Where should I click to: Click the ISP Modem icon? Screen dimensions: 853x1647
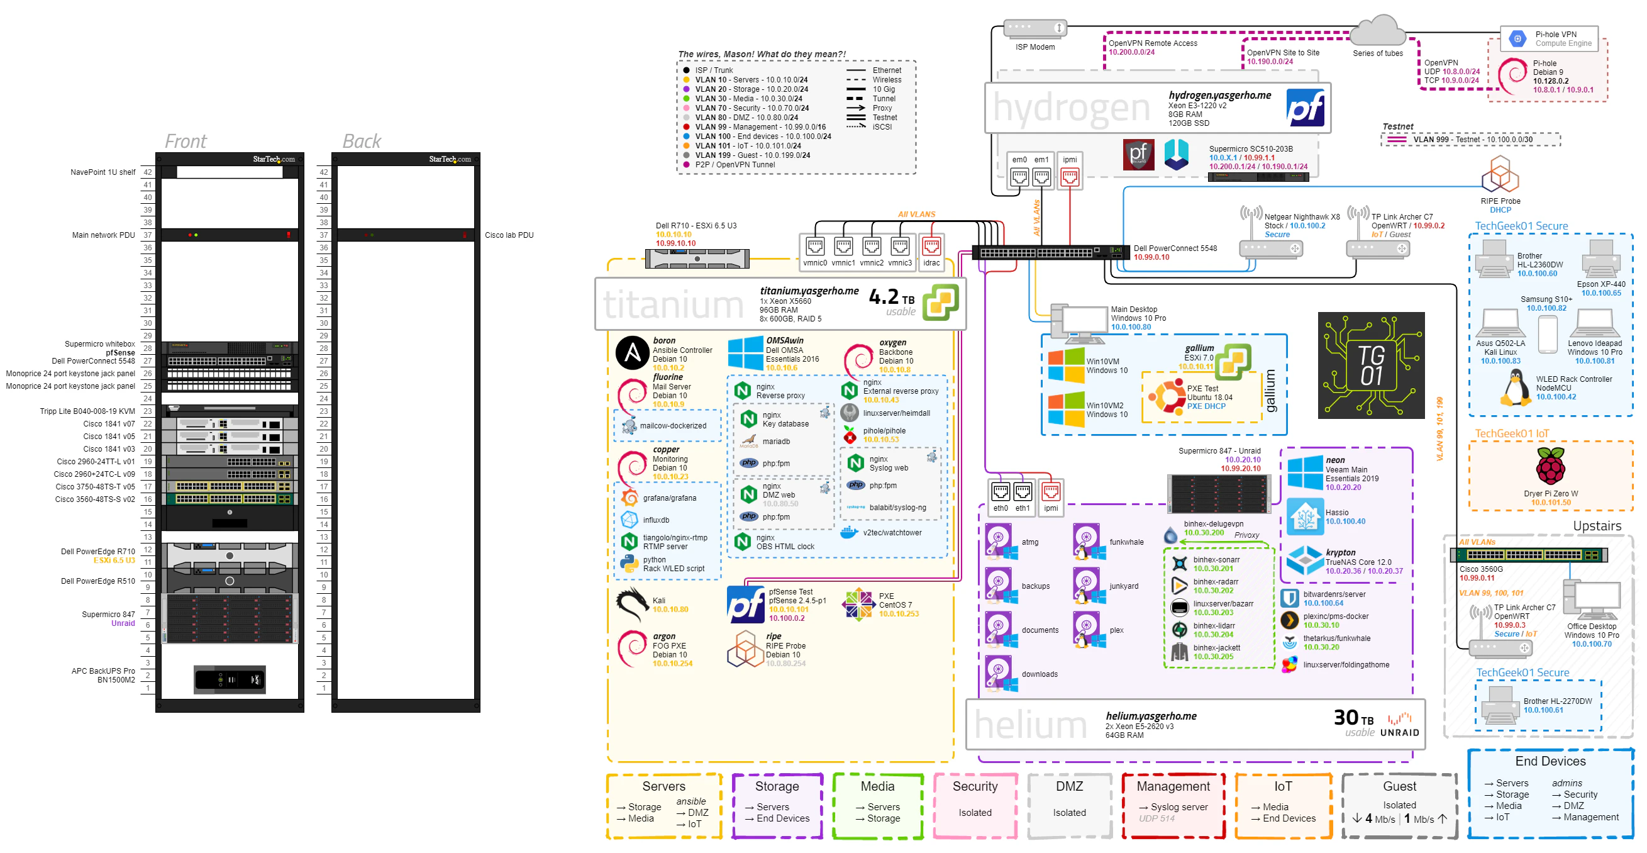(1034, 29)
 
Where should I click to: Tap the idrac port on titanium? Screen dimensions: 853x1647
(931, 247)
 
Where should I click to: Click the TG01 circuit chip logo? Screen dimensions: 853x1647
(1371, 365)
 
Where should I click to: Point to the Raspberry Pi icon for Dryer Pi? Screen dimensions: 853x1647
(1550, 467)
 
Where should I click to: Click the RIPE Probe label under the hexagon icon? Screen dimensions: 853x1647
(1500, 201)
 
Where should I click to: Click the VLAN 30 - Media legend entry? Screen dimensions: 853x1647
(748, 99)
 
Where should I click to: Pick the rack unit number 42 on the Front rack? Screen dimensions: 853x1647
(148, 172)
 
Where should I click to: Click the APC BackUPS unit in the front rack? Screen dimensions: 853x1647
(230, 679)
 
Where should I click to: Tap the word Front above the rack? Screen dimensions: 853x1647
(186, 141)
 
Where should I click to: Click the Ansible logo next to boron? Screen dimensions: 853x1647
(633, 353)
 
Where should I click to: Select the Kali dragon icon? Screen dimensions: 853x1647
(631, 605)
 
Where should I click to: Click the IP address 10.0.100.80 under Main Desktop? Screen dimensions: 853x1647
(1131, 327)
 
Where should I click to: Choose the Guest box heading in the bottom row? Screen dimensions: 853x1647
(1399, 786)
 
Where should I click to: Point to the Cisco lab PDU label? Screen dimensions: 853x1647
(509, 235)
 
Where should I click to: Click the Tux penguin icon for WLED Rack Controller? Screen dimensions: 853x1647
(1516, 389)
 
